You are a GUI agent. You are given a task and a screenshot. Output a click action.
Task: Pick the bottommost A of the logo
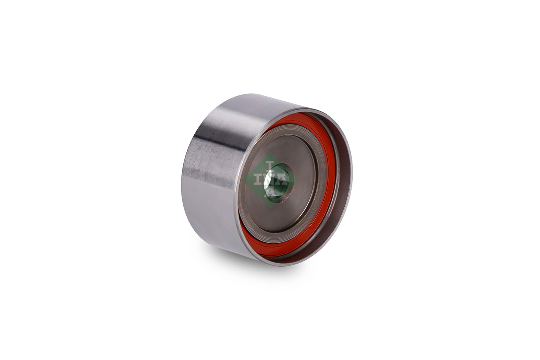(x=270, y=192)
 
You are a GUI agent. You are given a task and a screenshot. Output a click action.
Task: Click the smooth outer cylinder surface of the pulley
(x=216, y=168)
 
